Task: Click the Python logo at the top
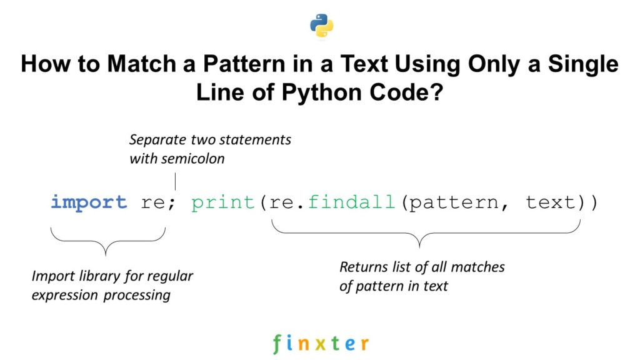[321, 26]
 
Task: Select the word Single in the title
[578, 64]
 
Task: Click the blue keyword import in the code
[89, 202]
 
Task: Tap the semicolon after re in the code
[172, 204]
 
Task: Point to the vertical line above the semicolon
[175, 181]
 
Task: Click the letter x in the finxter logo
[321, 343]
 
